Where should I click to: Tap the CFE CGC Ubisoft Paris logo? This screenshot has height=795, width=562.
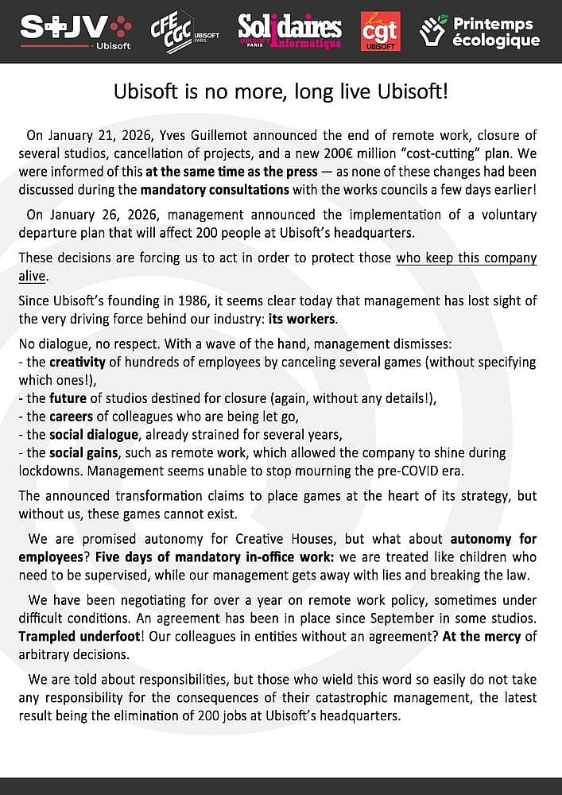pyautogui.click(x=184, y=31)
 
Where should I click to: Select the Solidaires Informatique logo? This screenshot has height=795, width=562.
pyautogui.click(x=290, y=31)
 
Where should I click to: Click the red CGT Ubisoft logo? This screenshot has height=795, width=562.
pyautogui.click(x=380, y=31)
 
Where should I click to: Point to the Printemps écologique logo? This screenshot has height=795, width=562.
pyautogui.click(x=479, y=31)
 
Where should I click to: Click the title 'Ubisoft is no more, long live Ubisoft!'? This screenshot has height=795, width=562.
pyautogui.click(x=281, y=91)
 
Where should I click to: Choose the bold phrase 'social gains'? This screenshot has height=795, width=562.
pyautogui.click(x=81, y=452)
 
